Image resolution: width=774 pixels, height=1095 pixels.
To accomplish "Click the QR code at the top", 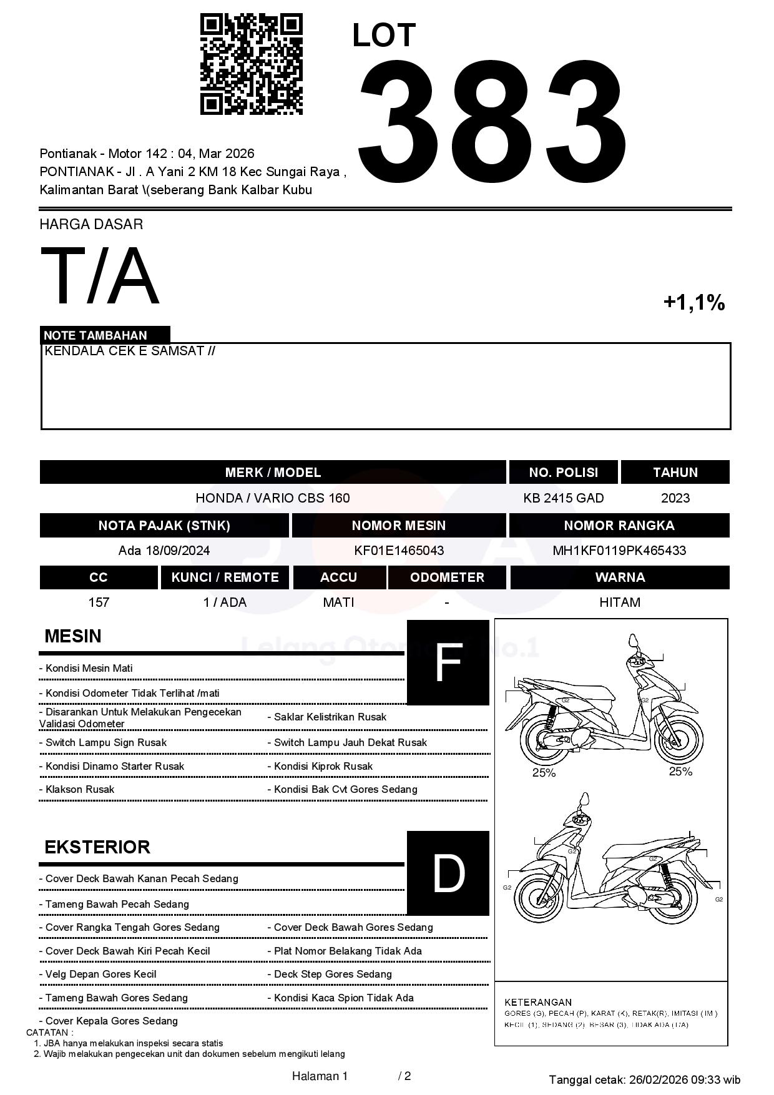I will (251, 64).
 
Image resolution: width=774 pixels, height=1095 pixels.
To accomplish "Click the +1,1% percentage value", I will (693, 303).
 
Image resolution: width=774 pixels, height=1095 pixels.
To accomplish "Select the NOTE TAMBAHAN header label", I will (96, 335).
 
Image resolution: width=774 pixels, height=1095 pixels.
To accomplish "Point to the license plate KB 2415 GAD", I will (564, 498).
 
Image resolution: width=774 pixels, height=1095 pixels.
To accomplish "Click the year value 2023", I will (675, 498).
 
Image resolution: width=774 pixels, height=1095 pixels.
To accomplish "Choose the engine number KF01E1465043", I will (399, 551).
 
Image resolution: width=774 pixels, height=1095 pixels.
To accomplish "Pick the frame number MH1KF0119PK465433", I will (619, 551).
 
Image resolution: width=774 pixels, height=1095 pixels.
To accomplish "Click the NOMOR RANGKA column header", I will (619, 526).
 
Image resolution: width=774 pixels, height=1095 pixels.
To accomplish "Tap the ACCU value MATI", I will (338, 602).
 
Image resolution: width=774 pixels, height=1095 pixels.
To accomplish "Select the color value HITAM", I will (620, 602).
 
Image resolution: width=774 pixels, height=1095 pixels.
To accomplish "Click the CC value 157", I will (99, 602).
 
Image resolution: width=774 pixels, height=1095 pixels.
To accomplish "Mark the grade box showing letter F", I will (448, 662).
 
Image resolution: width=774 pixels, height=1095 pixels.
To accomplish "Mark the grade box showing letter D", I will (448, 873).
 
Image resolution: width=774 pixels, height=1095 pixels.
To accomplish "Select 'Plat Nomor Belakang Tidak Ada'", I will (348, 951).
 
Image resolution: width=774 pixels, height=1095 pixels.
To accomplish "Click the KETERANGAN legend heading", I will (538, 1002).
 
